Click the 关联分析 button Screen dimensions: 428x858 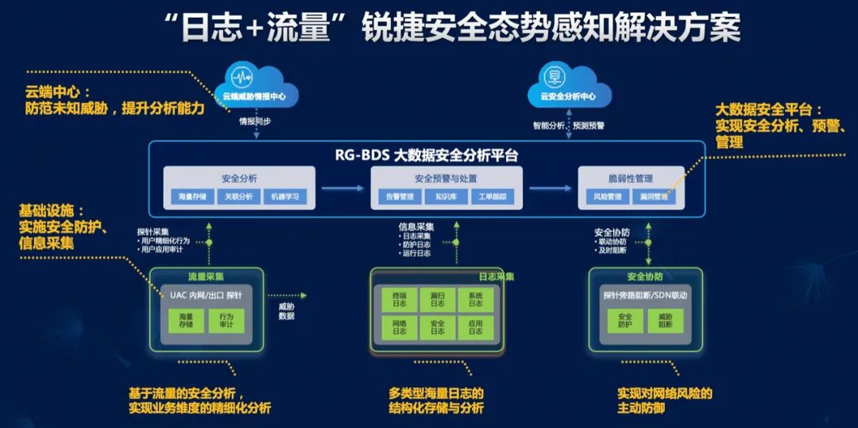[x=238, y=196]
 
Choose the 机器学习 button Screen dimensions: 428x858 [x=284, y=196]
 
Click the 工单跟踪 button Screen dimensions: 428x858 [x=492, y=196]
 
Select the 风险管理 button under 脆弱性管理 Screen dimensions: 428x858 [x=608, y=196]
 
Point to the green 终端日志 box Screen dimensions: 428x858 [x=399, y=298]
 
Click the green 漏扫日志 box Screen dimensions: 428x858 [x=437, y=298]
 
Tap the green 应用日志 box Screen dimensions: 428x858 [x=475, y=327]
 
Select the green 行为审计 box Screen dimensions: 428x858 [x=226, y=321]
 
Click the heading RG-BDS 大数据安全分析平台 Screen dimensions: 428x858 [x=427, y=155]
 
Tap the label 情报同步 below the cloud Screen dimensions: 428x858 [x=256, y=123]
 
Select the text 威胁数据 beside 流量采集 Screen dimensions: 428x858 [x=287, y=310]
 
